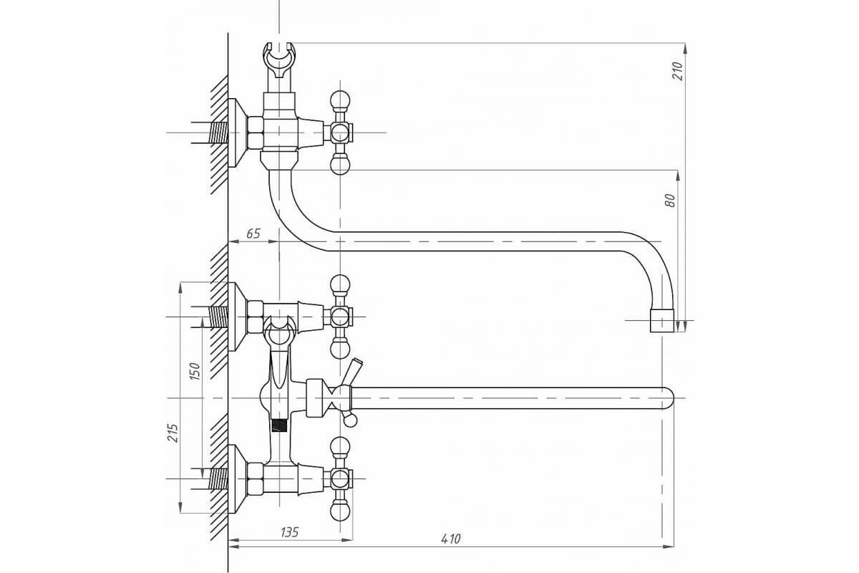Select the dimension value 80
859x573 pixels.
point(670,200)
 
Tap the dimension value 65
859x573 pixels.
point(253,233)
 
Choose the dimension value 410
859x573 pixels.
point(451,539)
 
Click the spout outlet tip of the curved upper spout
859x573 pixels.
point(662,322)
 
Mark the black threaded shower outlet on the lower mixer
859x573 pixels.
point(280,425)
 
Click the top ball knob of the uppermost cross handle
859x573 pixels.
point(341,98)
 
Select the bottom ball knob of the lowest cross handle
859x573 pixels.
point(341,511)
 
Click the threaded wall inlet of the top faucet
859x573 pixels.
point(218,133)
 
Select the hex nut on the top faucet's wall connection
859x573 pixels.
point(255,133)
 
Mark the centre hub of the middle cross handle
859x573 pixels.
point(341,317)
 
